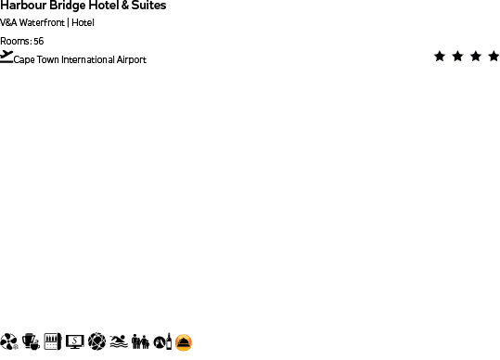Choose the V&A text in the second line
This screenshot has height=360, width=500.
8,23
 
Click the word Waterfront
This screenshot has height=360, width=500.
42,23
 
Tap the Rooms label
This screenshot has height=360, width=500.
15,41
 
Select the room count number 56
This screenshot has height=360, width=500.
38,41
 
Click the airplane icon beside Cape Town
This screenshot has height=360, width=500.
6,58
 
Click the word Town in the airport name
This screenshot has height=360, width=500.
45,60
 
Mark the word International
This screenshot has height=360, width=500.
87,60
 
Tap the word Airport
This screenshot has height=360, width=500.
131,60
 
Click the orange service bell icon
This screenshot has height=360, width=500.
185,342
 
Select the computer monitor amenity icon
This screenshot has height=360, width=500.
74,342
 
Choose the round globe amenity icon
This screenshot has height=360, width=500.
96,342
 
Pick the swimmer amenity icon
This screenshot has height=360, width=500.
118,342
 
